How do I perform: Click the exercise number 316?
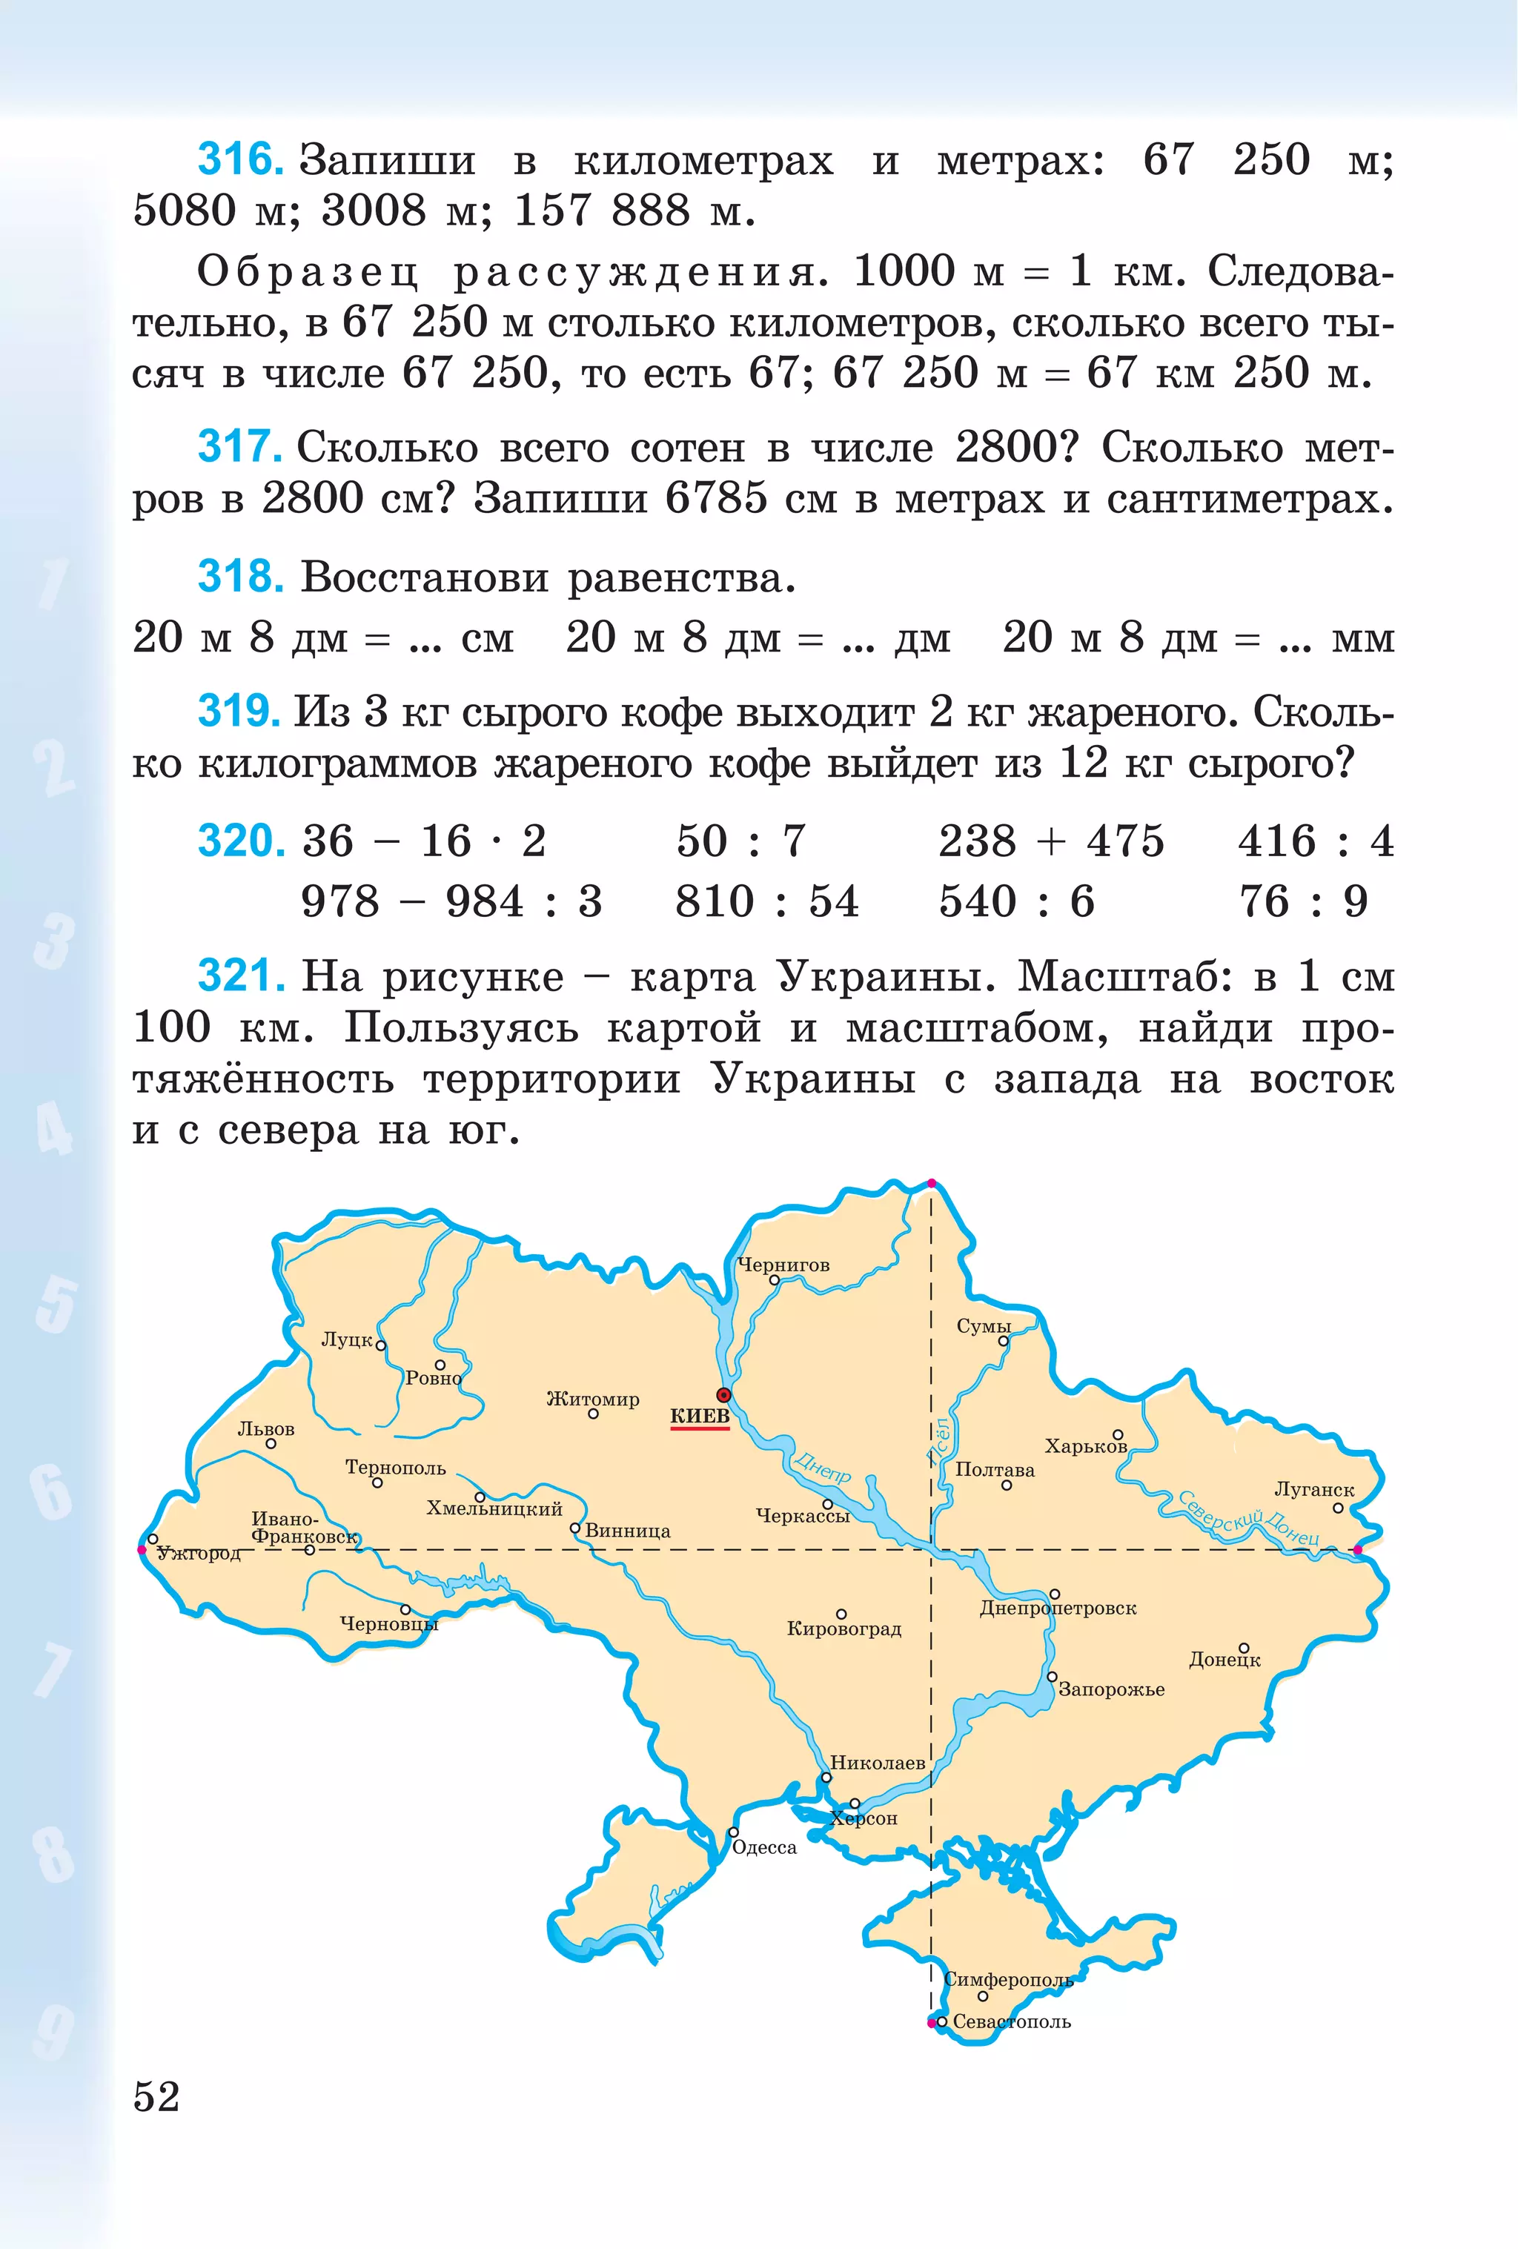coord(240,159)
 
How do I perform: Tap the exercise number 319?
coord(239,712)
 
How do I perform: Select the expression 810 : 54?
coord(766,901)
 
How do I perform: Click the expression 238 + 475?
coord(1051,841)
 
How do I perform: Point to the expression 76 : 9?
coord(1303,901)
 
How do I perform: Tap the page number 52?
coord(156,2097)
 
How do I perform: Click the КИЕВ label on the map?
coord(700,1416)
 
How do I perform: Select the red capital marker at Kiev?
coord(723,1394)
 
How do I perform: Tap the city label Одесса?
coord(764,1847)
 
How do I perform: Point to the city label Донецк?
coord(1224,1660)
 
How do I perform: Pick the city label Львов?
coord(266,1429)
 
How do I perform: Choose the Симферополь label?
coord(1008,1980)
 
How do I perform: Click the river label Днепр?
coord(822,1466)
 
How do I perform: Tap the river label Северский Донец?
coord(1248,1517)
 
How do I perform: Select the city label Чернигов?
coord(783,1265)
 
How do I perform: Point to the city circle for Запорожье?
coord(1052,1677)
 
